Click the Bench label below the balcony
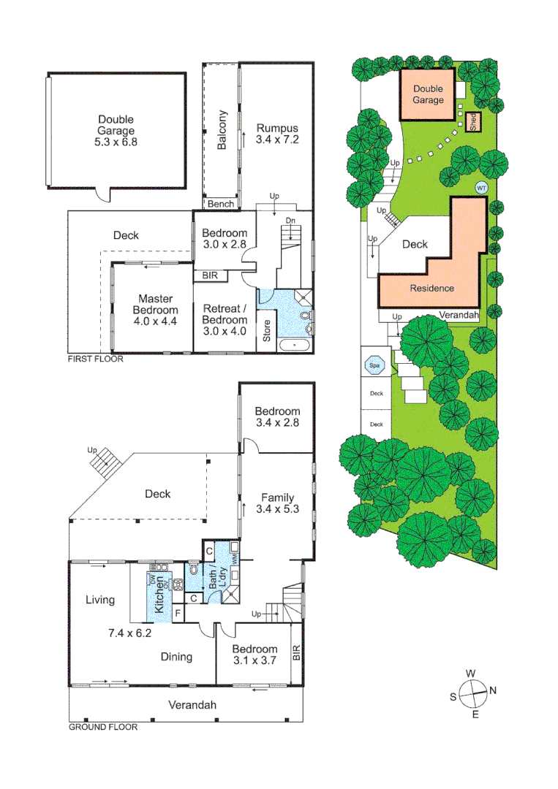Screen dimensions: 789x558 tap(221, 204)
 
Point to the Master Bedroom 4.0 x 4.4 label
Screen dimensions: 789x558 tap(155, 310)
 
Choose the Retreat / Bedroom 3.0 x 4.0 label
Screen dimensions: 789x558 tap(225, 320)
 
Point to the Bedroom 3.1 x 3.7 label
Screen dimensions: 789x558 tap(255, 655)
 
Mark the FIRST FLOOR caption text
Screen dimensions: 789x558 tap(95, 359)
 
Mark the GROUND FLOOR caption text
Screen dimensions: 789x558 tap(102, 727)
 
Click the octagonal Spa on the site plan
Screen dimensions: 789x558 tap(375, 365)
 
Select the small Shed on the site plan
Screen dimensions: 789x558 tap(473, 122)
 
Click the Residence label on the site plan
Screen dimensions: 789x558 tap(431, 288)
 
